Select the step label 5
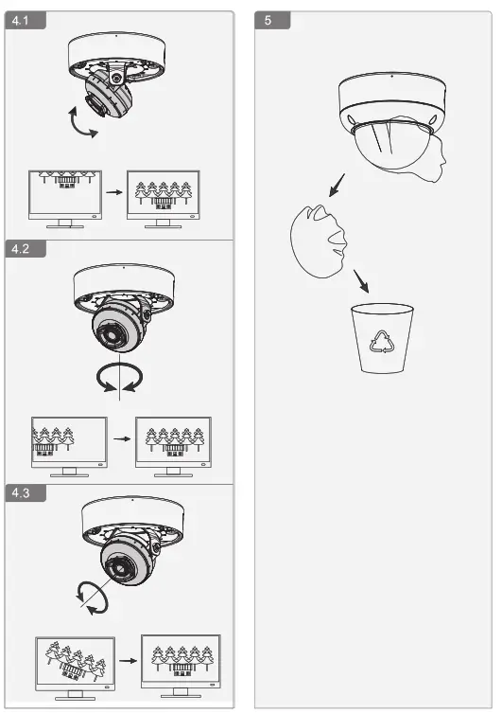(x=271, y=21)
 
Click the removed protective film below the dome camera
(x=320, y=243)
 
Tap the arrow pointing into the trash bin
(x=360, y=281)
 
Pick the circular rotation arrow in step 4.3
(x=92, y=598)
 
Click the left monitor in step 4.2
(x=67, y=442)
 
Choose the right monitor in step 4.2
(x=173, y=442)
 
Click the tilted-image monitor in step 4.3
(x=75, y=664)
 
